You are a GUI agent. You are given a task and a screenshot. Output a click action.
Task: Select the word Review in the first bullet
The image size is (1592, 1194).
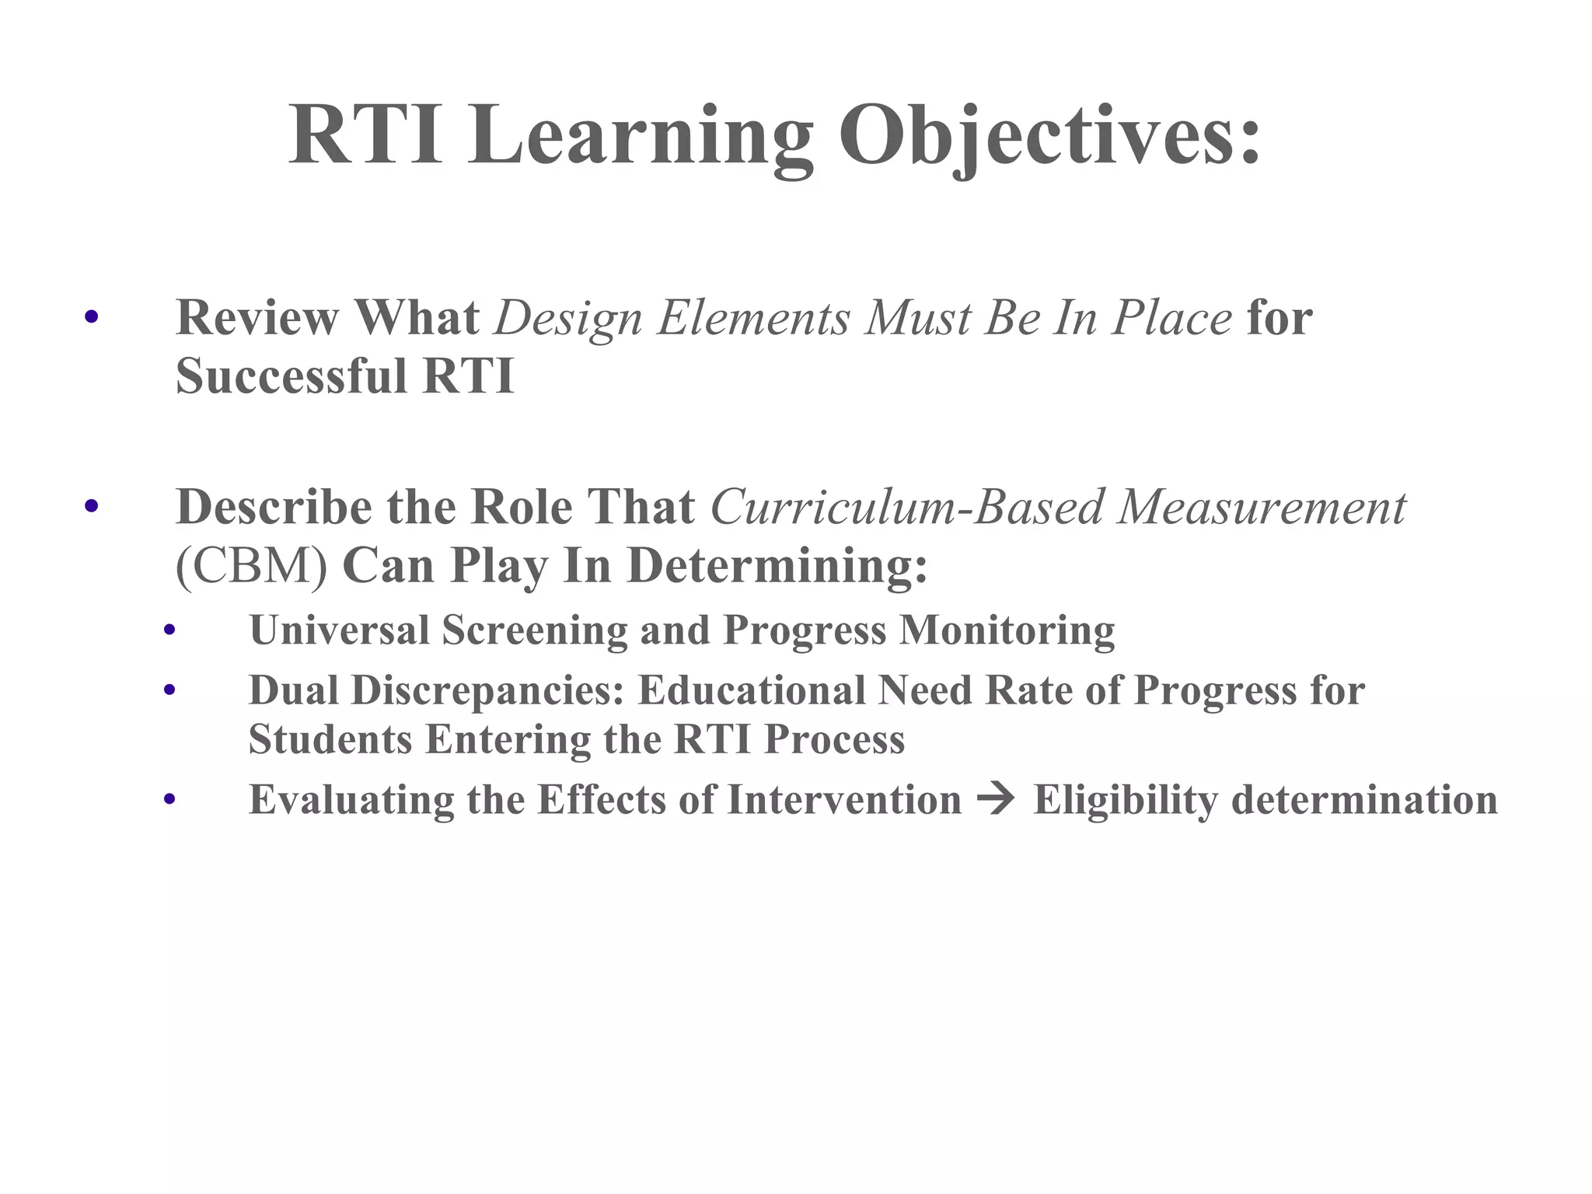(257, 318)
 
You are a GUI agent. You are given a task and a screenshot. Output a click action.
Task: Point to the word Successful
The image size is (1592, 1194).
(292, 376)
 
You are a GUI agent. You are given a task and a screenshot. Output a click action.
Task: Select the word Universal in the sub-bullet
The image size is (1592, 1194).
(339, 630)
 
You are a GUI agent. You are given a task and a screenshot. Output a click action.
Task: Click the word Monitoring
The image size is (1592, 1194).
(1007, 630)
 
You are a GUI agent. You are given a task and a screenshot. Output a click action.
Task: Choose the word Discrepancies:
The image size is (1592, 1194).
(488, 690)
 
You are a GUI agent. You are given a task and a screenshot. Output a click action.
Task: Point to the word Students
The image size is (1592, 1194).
(330, 739)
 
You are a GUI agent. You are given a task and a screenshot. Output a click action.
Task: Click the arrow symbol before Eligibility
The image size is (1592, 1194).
(997, 799)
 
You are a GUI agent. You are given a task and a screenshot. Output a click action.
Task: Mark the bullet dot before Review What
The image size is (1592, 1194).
(92, 317)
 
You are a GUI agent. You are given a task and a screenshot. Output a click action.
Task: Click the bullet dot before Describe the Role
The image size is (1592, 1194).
(92, 507)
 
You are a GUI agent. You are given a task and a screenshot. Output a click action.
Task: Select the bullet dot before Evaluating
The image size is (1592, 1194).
(170, 800)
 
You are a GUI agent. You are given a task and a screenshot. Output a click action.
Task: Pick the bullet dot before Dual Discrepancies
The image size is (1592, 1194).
(170, 690)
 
